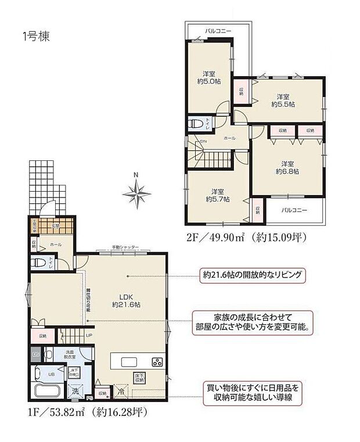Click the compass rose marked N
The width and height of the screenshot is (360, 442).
[x=136, y=193]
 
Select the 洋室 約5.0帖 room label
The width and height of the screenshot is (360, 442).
[x=210, y=78]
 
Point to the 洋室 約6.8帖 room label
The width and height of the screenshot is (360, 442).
[x=287, y=168]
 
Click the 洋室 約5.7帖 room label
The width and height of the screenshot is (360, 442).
[x=217, y=195]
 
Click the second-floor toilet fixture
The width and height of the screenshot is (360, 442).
[x=195, y=124]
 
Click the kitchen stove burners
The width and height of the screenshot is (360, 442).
[x=157, y=362]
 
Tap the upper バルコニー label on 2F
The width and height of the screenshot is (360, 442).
[x=218, y=30]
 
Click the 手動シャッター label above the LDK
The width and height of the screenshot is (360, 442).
[x=125, y=247]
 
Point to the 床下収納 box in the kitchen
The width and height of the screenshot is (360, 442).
[x=139, y=377]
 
